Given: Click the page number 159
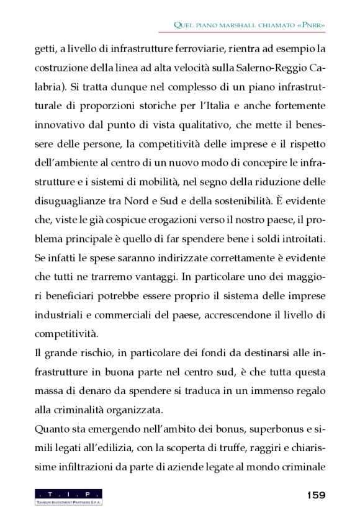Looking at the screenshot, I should pyautogui.click(x=316, y=495).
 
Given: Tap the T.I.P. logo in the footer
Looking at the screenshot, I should pyautogui.click(x=68, y=496).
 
